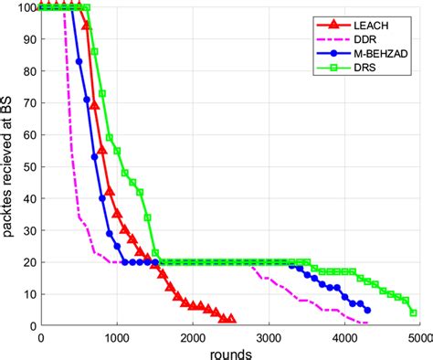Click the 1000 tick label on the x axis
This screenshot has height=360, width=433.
pyautogui.click(x=116, y=335)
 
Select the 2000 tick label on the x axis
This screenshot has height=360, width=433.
pyautogui.click(x=192, y=335)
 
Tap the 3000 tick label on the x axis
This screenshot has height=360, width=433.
pyautogui.click(x=268, y=335)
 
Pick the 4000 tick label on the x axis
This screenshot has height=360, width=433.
pyautogui.click(x=343, y=335)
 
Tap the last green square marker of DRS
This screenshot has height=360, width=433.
pyautogui.click(x=414, y=312)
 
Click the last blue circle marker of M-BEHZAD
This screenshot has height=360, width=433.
pyautogui.click(x=367, y=310)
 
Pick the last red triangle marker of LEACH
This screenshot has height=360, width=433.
pyautogui.click(x=231, y=319)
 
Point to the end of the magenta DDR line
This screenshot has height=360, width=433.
pyautogui.click(x=354, y=322)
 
